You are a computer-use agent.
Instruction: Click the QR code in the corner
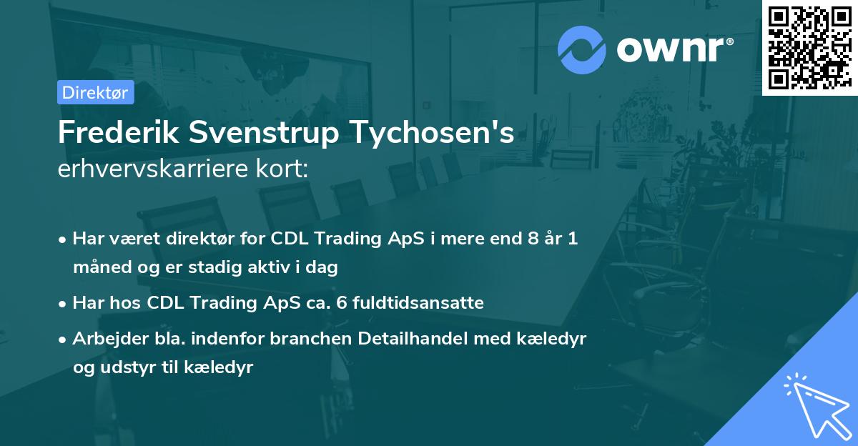[x=809, y=48]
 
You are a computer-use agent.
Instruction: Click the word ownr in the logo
[x=674, y=49]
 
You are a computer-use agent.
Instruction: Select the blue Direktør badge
[x=95, y=92]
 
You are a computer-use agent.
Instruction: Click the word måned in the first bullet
[x=98, y=267]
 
